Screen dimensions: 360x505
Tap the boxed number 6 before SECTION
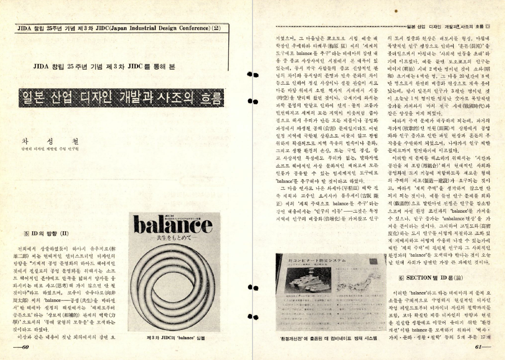pos(401,277)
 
